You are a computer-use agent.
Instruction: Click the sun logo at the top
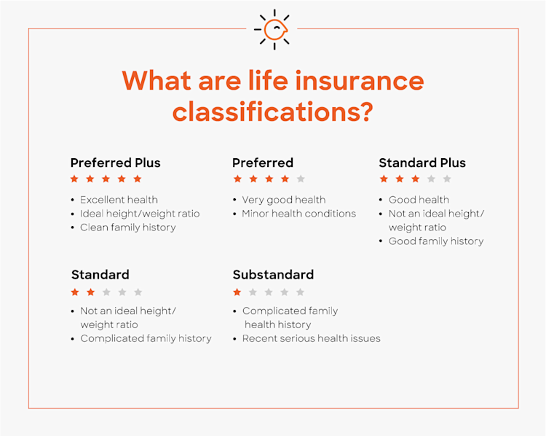[272, 29]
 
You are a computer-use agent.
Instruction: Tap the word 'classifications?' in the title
[272, 112]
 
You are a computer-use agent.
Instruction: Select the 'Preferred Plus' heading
[115, 163]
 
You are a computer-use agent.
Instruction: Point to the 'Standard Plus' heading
[422, 163]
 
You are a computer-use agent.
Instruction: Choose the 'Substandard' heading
[273, 275]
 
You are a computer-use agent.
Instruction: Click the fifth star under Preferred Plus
[138, 179]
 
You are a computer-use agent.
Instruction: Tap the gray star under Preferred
[301, 179]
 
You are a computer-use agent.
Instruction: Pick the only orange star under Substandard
[237, 292]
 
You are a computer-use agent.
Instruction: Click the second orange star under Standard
[90, 292]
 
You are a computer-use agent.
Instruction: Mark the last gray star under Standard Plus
[447, 179]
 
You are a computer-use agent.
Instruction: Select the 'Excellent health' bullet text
[119, 200]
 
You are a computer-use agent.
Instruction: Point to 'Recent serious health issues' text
[311, 338]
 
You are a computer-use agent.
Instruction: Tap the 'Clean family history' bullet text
[128, 227]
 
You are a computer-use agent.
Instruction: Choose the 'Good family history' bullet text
[435, 241]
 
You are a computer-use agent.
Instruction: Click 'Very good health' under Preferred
[283, 200]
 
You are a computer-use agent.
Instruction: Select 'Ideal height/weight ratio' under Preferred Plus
[139, 214]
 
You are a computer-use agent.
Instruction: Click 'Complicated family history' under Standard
[146, 338]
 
